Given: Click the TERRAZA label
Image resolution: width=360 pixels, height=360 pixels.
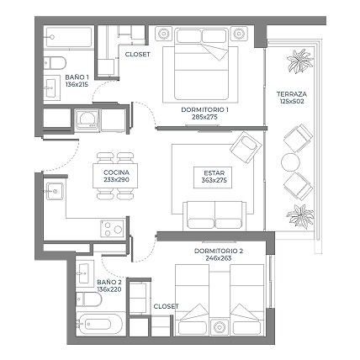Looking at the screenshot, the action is click(x=292, y=94).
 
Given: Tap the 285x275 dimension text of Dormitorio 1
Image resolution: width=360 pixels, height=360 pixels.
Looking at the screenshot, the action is click(x=204, y=117).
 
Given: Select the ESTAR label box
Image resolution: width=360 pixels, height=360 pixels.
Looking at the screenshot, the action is click(x=213, y=177).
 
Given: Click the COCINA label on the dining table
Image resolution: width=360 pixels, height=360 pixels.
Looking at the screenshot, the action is click(x=116, y=172).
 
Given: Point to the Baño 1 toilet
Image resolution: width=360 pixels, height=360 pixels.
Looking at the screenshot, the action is click(x=55, y=63).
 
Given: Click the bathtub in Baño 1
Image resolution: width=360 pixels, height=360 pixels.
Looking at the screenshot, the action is click(x=68, y=37).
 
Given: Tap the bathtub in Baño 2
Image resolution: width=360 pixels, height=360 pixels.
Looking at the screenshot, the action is click(x=99, y=325).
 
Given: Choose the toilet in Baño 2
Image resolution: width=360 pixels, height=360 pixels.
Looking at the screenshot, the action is click(x=88, y=299).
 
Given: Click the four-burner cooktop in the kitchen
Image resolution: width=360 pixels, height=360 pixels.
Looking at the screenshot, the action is click(x=113, y=229).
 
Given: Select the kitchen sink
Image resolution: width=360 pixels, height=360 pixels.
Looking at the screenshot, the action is click(x=55, y=191).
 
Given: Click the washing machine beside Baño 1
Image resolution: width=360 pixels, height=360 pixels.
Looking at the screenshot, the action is click(x=87, y=120).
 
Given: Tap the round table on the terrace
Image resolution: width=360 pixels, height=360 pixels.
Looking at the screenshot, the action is click(x=291, y=161).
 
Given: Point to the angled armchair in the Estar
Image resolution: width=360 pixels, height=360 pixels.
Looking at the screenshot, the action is click(x=246, y=147).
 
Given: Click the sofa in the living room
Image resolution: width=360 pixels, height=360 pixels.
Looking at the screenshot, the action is click(x=214, y=215).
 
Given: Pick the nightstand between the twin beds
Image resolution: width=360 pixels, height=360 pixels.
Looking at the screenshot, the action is click(x=220, y=326).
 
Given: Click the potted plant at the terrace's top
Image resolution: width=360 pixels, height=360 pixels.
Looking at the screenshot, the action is click(x=299, y=61).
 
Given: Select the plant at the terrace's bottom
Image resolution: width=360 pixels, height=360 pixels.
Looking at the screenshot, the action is click(x=300, y=216).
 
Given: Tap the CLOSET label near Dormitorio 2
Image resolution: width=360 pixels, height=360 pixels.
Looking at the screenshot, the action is click(x=166, y=306).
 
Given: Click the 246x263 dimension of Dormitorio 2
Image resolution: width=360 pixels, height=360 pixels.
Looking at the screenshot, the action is click(x=219, y=258).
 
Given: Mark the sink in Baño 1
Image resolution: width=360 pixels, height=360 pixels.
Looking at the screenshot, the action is click(x=51, y=87).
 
